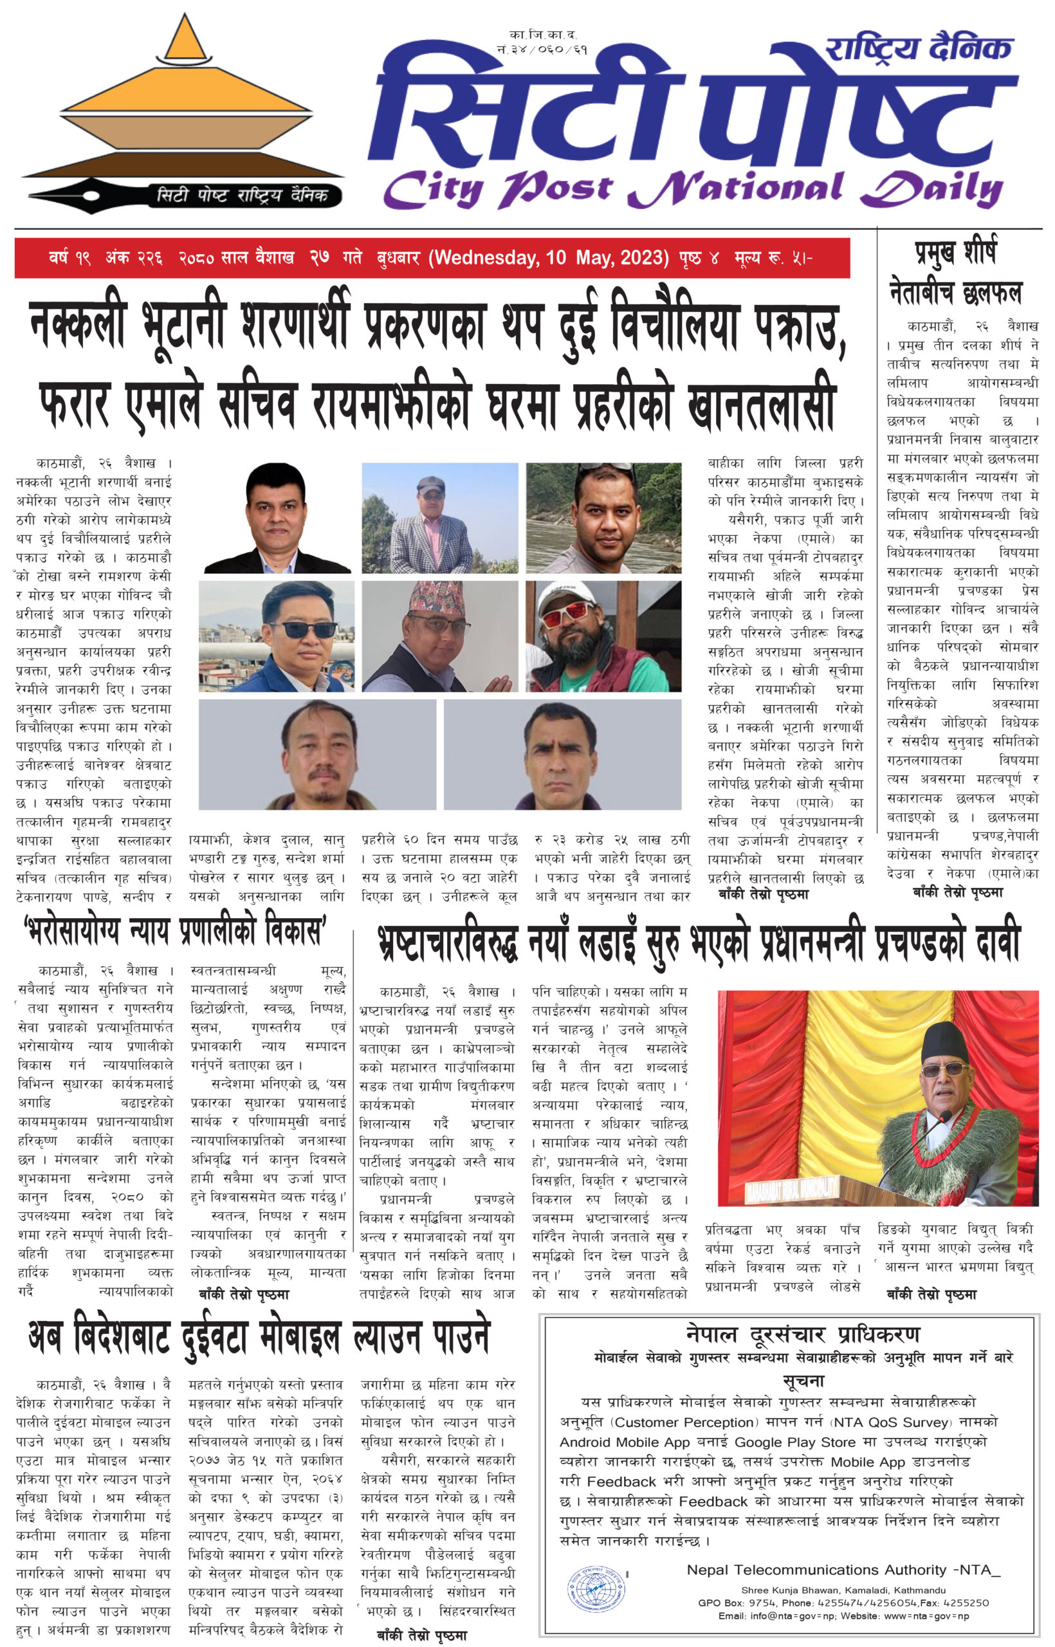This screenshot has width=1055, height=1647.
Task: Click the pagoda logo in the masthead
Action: pos(183,103)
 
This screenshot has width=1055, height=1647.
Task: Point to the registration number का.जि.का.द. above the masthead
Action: pos(542,34)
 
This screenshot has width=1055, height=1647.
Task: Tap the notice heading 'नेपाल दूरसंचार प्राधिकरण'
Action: pos(803,1334)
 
